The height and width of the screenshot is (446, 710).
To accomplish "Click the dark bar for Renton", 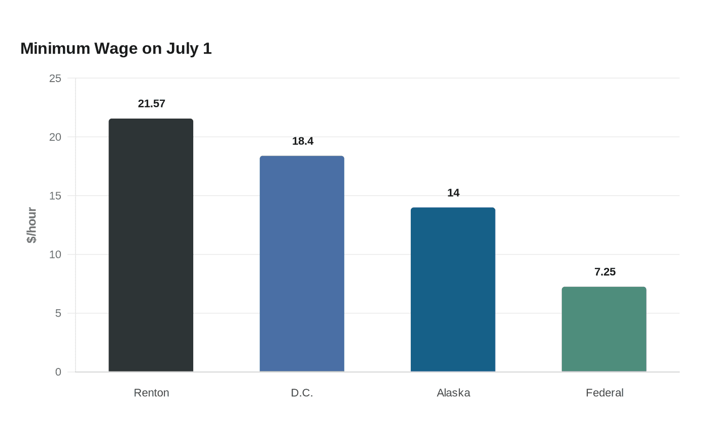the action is point(151,245).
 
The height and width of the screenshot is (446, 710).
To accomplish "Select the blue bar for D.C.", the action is point(302,264).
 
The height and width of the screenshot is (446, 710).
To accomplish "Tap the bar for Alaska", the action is point(453,289).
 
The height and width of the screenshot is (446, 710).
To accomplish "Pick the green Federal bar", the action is point(604,329).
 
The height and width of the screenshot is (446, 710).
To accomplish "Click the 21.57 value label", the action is point(152,103).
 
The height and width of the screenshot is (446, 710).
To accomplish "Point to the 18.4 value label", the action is point(303,141).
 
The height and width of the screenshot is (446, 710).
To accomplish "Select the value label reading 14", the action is point(453,193).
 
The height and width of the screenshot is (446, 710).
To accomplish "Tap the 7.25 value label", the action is point(605,272).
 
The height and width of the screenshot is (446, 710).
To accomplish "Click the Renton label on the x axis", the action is point(152,393).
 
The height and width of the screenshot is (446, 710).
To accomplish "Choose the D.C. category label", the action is point(302,393).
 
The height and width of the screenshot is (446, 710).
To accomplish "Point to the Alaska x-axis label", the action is point(453,393).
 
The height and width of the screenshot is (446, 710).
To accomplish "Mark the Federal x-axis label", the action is point(605,393).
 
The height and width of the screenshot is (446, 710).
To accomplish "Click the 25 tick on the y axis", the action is point(55,78).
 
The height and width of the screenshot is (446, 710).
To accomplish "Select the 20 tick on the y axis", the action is point(55,137).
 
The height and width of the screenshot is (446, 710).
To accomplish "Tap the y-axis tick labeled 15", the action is point(55,196).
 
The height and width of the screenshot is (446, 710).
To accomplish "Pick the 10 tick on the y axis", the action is point(55,254).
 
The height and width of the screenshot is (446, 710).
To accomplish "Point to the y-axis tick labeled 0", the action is point(58,372).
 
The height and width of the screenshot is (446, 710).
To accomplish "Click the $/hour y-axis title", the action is point(31,225).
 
